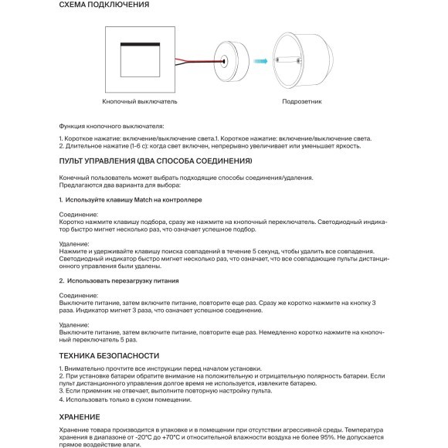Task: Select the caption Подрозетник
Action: (297, 101)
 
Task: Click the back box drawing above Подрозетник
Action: (304, 59)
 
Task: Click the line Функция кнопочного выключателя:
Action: (112, 126)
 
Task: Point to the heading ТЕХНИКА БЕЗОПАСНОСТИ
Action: (109, 355)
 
